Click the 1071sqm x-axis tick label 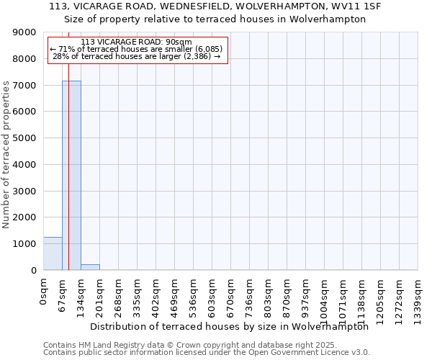pos(343,297)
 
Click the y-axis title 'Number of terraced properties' pos(7,155)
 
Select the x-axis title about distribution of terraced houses pos(230,326)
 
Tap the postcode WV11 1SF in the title pos(356,6)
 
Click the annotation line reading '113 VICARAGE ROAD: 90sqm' pos(137,42)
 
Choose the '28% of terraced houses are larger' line pos(137,56)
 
